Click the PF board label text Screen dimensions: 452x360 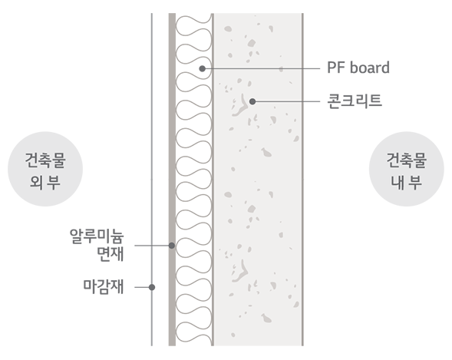pos(358,68)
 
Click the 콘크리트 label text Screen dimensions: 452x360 pos(355,101)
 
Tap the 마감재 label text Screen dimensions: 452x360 pos(104,286)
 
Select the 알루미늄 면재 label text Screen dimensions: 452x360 pos(97,245)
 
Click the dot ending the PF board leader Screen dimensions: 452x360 pos(203,68)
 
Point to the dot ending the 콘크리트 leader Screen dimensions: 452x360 pos(252,101)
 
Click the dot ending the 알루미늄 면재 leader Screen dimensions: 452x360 pos(172,246)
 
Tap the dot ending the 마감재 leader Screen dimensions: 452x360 pos(152,287)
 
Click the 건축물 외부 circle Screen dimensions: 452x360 pos(45,169)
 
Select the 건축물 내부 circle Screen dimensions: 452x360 pos(407,169)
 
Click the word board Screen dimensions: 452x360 pos(370,68)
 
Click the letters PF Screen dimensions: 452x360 pos(336,68)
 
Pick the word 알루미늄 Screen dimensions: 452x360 pos(97,236)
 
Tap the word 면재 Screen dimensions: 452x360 pos(111,254)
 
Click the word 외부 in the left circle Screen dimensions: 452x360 pos(45,182)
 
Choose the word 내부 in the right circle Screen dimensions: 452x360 pos(407,182)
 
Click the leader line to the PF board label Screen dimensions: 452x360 pos(261,68)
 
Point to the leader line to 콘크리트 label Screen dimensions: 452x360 pos(286,101)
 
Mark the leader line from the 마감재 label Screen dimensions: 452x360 pos(144,287)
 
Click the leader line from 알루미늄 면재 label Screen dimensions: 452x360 pos(153,246)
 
